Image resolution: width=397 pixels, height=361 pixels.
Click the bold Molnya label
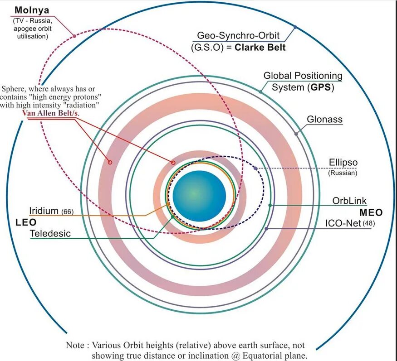click(31, 10)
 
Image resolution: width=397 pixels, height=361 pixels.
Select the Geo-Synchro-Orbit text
click(238, 35)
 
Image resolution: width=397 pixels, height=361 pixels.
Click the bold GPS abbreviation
click(320, 87)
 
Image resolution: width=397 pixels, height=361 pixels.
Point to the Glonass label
click(324, 120)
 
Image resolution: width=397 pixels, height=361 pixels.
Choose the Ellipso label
click(343, 163)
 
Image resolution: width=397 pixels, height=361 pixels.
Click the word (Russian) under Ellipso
click(343, 173)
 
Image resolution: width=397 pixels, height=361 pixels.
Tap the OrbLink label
click(349, 201)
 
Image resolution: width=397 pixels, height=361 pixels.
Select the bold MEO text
click(371, 212)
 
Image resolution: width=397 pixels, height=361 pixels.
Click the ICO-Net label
click(343, 223)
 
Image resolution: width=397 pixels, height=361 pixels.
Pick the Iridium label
click(44, 211)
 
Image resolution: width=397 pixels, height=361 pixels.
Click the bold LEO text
click(26, 222)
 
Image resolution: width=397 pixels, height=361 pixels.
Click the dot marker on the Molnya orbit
click(74, 35)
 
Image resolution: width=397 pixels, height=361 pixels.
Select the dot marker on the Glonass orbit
click(296, 134)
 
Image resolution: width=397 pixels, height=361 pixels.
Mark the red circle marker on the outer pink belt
click(109, 162)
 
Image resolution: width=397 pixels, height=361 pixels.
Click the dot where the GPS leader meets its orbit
click(260, 92)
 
